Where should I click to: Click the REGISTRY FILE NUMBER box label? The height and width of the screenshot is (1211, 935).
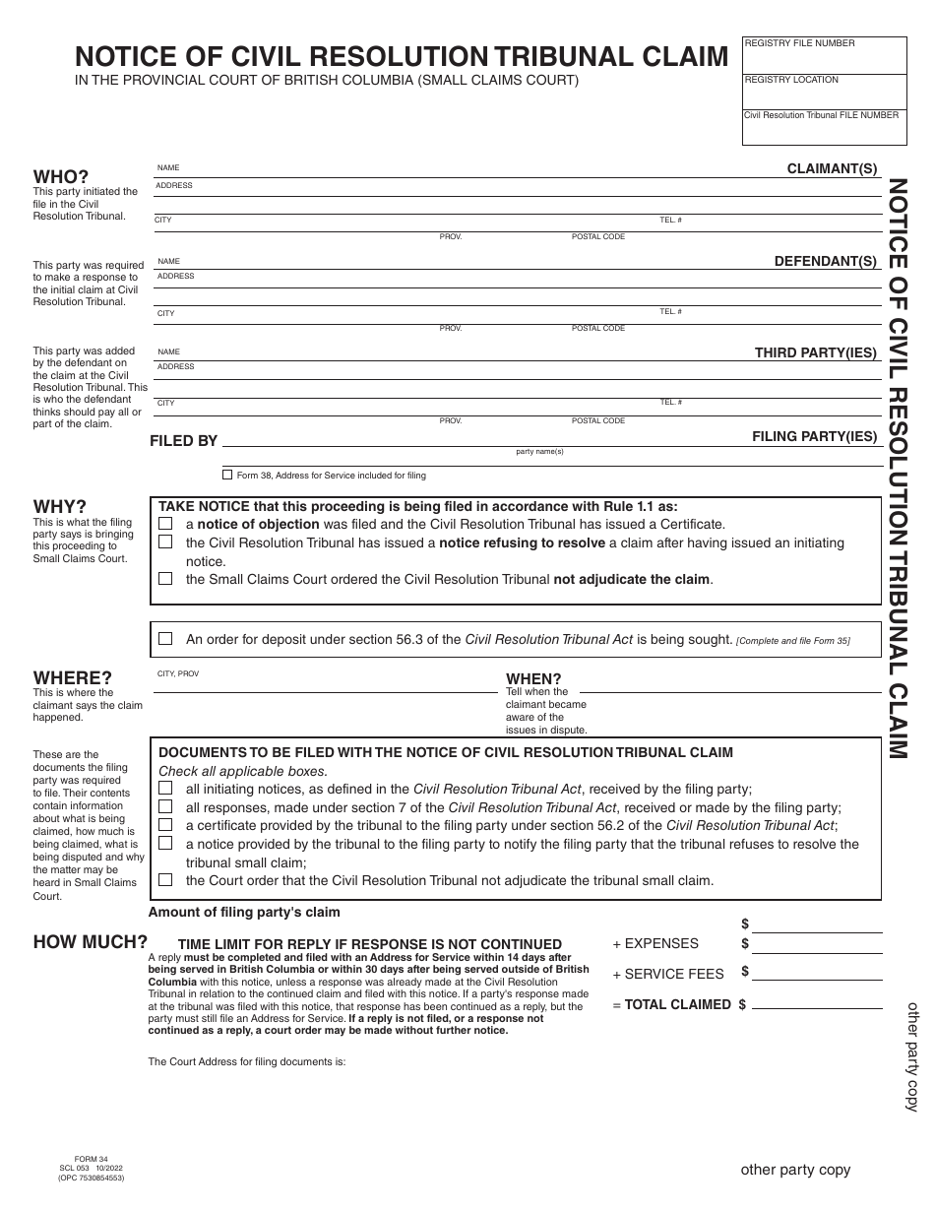pyautogui.click(x=800, y=43)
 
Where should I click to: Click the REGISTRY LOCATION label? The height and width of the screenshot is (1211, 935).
pyautogui.click(x=791, y=80)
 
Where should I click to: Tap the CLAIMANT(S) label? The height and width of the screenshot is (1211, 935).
pyautogui.click(x=832, y=169)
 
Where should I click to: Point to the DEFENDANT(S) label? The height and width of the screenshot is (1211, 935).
pyautogui.click(x=825, y=261)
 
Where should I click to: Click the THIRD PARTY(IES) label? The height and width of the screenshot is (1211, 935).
pyautogui.click(x=815, y=351)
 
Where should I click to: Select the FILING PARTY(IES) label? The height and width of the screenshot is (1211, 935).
pyautogui.click(x=814, y=435)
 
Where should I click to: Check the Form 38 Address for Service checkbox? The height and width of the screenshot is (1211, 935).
pyautogui.click(x=227, y=475)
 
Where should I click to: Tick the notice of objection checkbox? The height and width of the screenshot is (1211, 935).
pyautogui.click(x=165, y=524)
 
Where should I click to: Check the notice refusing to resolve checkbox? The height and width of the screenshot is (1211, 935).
pyautogui.click(x=165, y=542)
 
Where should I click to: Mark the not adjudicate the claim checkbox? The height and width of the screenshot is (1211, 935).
pyautogui.click(x=165, y=579)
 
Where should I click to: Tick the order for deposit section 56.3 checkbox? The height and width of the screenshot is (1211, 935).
pyautogui.click(x=165, y=639)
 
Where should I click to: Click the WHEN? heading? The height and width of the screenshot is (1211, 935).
pyautogui.click(x=533, y=678)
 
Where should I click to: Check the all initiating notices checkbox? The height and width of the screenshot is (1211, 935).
pyautogui.click(x=165, y=789)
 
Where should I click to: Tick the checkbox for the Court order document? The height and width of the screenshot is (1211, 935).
pyautogui.click(x=165, y=880)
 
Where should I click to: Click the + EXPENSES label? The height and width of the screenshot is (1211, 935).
pyautogui.click(x=655, y=943)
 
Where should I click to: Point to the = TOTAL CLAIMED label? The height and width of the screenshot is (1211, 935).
pyautogui.click(x=671, y=1004)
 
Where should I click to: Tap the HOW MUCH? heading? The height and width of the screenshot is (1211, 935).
pyautogui.click(x=91, y=942)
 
